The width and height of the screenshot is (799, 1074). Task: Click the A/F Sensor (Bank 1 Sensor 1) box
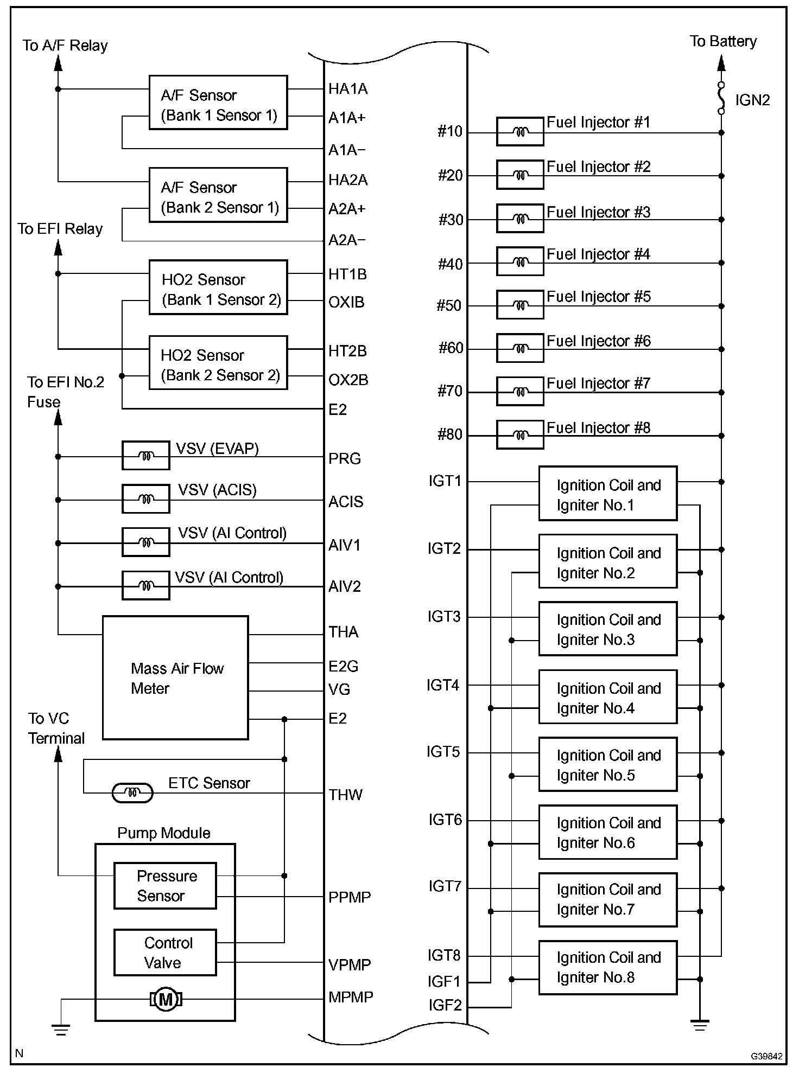click(218, 103)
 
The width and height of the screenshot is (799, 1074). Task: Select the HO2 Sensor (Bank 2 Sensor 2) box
click(218, 363)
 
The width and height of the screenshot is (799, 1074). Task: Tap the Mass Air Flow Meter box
click(175, 677)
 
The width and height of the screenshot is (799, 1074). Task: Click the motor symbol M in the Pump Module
click(166, 999)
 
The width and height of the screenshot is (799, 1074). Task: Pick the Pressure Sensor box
click(165, 886)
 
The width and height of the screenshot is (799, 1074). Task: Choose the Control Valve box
click(165, 952)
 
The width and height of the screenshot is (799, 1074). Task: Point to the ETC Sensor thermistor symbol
click(132, 793)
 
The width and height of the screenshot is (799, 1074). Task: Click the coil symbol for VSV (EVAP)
click(146, 456)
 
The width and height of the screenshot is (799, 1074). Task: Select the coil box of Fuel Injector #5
click(520, 305)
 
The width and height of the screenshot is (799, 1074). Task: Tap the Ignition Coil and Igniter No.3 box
click(608, 629)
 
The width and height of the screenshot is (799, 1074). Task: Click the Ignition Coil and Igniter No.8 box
click(608, 968)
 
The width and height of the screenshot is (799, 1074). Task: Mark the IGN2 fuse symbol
click(721, 98)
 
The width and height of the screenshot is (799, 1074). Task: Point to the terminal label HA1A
click(348, 89)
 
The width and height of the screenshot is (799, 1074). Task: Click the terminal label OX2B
click(348, 380)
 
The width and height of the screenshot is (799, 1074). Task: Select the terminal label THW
click(345, 795)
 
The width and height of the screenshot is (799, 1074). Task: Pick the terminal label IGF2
click(445, 1005)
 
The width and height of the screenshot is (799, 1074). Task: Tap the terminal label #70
click(450, 391)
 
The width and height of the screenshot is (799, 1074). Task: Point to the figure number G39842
click(766, 1056)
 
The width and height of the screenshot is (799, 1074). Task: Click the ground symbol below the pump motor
click(60, 1029)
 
